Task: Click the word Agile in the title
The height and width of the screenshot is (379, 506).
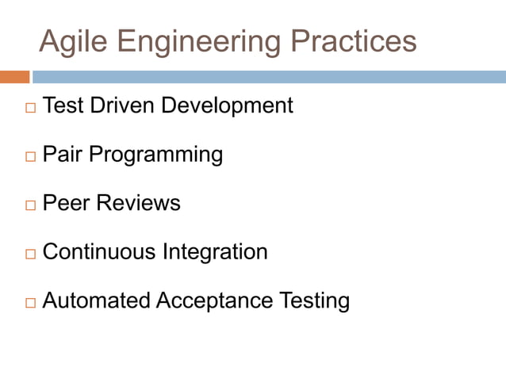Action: [x=70, y=41]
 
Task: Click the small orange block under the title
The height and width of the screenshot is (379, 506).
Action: [x=14, y=77]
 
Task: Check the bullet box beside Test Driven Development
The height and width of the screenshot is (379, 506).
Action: [x=30, y=107]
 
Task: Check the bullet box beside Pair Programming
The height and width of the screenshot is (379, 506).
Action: [x=30, y=156]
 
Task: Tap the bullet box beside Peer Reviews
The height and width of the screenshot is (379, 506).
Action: [x=30, y=205]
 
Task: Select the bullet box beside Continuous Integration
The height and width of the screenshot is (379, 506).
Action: [x=30, y=255]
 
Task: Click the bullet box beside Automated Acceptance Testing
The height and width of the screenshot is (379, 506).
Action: [x=30, y=303]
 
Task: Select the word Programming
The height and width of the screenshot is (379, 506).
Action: [x=155, y=155]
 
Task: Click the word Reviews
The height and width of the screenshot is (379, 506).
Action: [x=139, y=203]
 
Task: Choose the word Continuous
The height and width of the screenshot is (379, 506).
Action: [x=99, y=252]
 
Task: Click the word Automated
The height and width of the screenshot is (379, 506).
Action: [x=96, y=301]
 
